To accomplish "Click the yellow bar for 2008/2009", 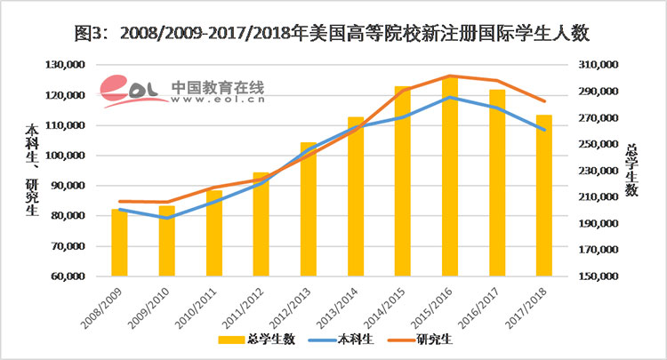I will [x=119, y=243].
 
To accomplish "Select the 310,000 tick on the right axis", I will [x=595, y=65].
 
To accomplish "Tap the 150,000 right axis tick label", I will [x=595, y=276].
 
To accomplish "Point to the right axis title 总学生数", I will [x=631, y=170].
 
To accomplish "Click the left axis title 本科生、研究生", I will [x=32, y=170].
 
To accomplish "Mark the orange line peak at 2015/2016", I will [x=450, y=76].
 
